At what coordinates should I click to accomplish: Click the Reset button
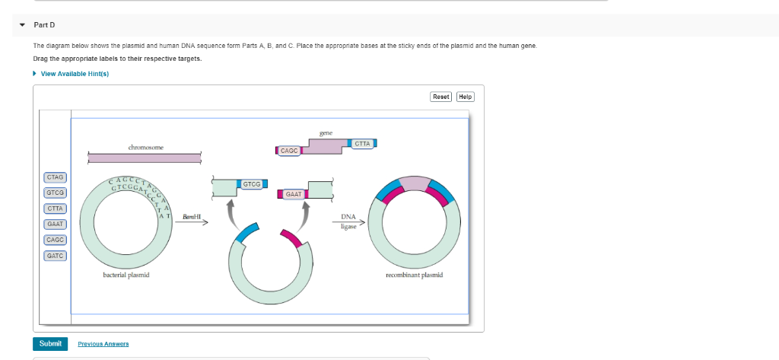(441, 97)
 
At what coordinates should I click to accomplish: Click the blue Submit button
(50, 343)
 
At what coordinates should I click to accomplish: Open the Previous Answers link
(103, 344)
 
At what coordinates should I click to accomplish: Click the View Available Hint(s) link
(75, 74)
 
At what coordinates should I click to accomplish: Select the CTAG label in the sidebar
(55, 177)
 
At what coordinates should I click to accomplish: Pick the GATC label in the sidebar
(55, 256)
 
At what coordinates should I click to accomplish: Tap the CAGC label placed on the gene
(289, 151)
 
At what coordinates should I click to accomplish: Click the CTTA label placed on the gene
(363, 144)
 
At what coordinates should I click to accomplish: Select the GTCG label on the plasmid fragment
(251, 184)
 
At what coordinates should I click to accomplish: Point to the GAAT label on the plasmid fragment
(294, 194)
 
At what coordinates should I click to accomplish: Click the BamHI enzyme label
(190, 217)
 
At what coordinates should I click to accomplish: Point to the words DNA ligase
(348, 221)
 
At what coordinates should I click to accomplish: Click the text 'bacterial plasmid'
(126, 275)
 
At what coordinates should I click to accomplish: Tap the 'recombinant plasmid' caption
(415, 275)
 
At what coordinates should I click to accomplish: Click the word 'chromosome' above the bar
(145, 147)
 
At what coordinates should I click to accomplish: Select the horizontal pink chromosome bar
(145, 158)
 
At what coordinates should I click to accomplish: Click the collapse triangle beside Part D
(22, 25)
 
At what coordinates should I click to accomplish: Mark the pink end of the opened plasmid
(291, 238)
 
